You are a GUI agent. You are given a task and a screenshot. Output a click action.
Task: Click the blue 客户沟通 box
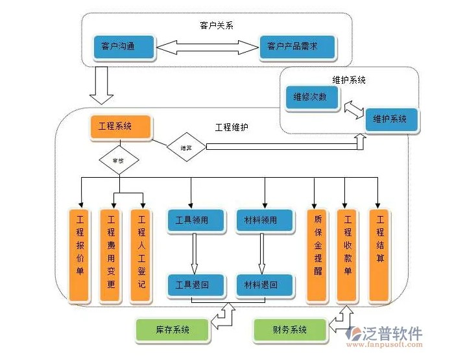pos(123,47)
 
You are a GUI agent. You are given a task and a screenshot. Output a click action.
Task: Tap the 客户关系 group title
pos(216,25)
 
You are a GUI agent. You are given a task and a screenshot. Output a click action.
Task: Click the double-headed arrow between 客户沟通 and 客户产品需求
pos(206,47)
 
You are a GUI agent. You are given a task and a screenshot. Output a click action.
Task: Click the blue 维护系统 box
pos(390,119)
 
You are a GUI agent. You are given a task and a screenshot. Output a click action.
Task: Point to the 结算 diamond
pos(185,147)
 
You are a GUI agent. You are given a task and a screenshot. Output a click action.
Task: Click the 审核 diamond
pos(119,160)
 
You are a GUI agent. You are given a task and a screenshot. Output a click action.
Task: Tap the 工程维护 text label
pos(232,127)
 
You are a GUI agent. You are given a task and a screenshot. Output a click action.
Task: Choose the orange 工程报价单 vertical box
pos(80,255)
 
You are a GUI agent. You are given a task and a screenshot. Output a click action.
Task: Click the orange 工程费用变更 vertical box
pos(111,255)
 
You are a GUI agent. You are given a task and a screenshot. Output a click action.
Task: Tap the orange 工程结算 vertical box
pos(380,255)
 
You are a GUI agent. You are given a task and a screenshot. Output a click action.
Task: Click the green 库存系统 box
pos(173,330)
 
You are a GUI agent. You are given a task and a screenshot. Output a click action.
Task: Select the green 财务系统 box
pos(289,330)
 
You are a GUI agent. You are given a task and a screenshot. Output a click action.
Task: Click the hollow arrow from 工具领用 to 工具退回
pos(194,252)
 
